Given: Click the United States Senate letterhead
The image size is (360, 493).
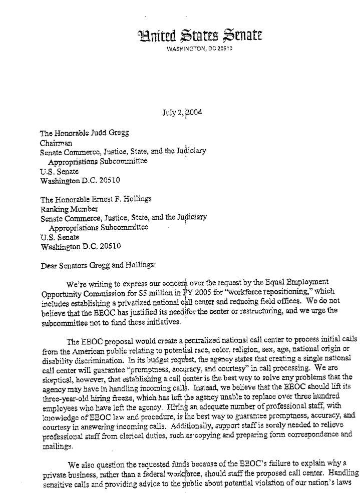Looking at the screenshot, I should tap(199, 36).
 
